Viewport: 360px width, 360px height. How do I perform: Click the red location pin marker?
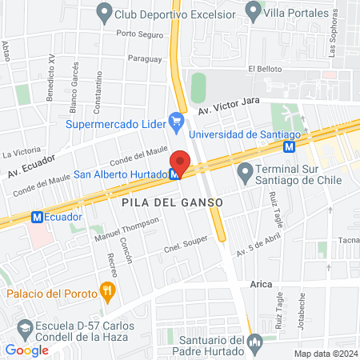point(180,163)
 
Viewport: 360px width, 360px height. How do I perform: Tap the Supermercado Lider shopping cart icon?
point(177,122)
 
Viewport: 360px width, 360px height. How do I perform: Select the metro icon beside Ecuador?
point(36,217)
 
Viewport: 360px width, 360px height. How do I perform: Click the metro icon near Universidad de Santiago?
point(290,146)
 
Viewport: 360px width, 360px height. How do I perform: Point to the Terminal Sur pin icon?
point(246,171)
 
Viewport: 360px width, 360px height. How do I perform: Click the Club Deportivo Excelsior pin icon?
point(103,12)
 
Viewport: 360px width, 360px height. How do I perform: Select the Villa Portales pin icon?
point(254,12)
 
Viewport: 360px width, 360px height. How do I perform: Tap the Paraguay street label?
point(145,58)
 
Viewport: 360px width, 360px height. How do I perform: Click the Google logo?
point(26,350)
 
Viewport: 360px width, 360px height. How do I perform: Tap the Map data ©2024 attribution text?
point(324,354)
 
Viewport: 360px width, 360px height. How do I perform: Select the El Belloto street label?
point(265,70)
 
